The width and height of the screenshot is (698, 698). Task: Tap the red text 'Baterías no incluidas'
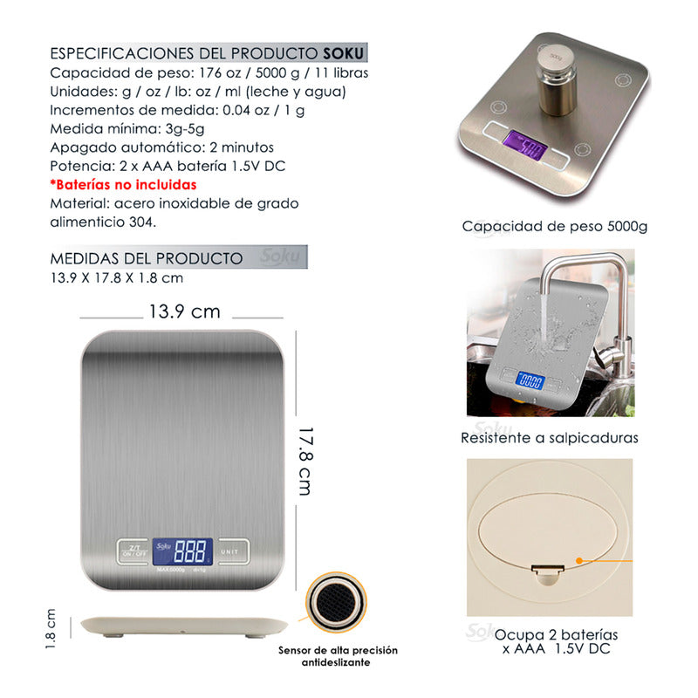(123, 184)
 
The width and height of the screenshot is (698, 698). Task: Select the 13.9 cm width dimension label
(184, 311)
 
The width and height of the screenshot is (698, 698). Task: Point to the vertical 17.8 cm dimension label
(304, 460)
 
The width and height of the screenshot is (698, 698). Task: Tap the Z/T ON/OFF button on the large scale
(133, 551)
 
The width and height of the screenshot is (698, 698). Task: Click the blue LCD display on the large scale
(182, 551)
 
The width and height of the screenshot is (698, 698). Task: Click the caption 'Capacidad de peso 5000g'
(555, 227)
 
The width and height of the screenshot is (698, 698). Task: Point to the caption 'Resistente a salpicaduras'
(550, 438)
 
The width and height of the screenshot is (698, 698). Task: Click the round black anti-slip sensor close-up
(336, 605)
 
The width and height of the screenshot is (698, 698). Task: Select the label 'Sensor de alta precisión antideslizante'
(338, 656)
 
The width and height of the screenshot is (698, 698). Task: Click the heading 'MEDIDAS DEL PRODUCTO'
(147, 258)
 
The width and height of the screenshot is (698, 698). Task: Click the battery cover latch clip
(548, 571)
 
